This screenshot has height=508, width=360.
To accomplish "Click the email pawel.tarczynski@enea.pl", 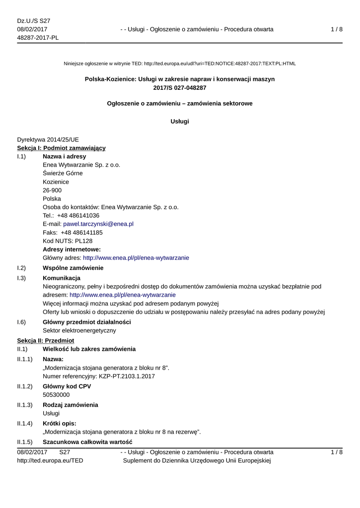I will [x=98, y=224].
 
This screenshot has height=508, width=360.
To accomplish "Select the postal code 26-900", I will [x=52, y=190].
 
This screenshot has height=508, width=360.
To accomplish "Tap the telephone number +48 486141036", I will [x=78, y=216].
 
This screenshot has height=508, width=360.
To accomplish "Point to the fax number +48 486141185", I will [x=82, y=233].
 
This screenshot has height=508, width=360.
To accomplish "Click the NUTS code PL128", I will [x=81, y=241].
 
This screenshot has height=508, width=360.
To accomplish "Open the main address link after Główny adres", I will [x=136, y=258].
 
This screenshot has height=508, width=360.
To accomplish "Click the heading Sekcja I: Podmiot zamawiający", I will [x=61, y=148].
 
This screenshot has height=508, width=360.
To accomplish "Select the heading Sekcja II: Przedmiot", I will [x=46, y=341].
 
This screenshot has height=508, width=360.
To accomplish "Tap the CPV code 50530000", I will [x=56, y=395].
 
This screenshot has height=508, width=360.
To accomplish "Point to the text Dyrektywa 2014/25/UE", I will [x=48, y=139].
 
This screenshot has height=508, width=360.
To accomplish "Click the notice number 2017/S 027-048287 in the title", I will [x=180, y=88].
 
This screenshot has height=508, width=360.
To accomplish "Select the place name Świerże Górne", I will [x=63, y=174].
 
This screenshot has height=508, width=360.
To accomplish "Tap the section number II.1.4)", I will [x=25, y=424].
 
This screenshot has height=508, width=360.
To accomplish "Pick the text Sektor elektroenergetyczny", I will [x=79, y=330].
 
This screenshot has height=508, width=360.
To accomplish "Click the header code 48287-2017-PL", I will [x=38, y=38].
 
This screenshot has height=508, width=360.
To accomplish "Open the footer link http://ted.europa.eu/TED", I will [x=50, y=461].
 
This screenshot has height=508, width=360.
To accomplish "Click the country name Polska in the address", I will [x=52, y=199].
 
